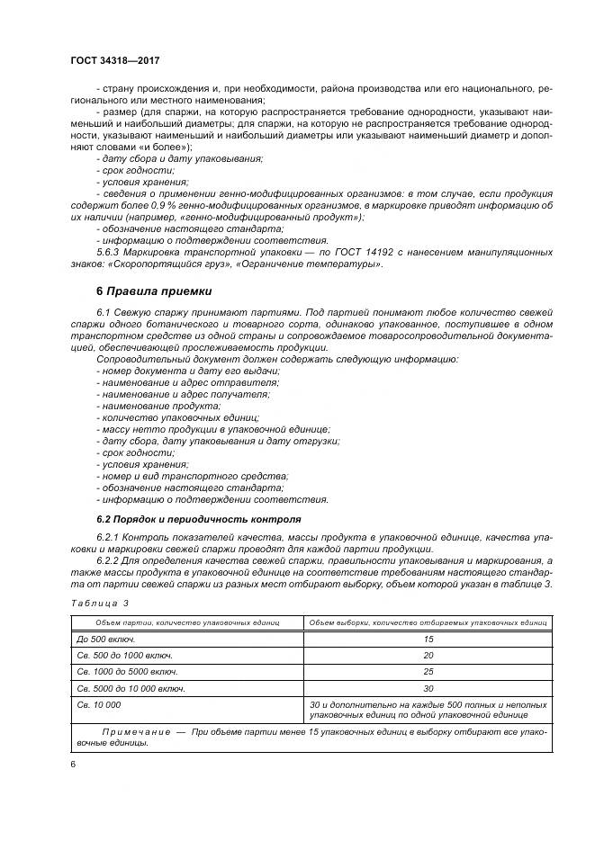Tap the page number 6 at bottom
(x=73, y=764)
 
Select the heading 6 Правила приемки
(x=154, y=291)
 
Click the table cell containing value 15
(x=428, y=638)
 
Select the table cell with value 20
(x=428, y=655)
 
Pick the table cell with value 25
(x=428, y=671)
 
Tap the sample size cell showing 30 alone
(x=428, y=688)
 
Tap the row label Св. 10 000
(x=98, y=705)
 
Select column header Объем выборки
(x=428, y=622)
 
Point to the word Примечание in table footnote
(x=131, y=733)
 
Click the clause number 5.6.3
(x=109, y=253)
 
